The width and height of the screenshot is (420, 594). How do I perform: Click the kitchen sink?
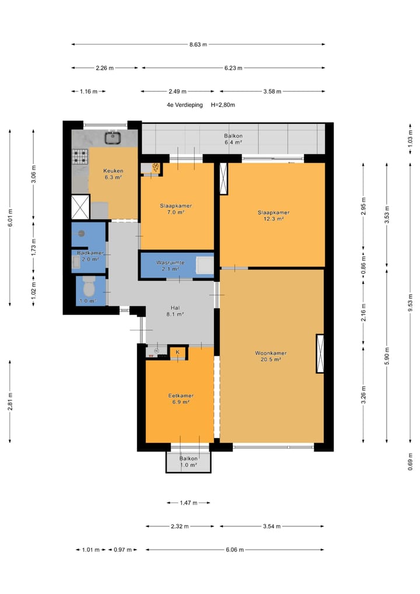[x=113, y=138]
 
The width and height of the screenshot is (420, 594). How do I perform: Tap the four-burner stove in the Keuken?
[x=80, y=156]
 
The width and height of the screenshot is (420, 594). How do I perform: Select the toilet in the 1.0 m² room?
[x=89, y=287]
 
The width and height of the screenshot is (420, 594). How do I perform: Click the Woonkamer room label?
[x=271, y=356]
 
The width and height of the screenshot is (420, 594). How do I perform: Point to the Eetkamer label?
[x=181, y=399]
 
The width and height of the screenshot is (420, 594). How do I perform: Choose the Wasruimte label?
[x=170, y=265]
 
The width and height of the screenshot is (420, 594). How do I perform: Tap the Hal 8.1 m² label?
[x=175, y=311]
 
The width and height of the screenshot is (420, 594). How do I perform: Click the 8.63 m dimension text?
[x=198, y=44]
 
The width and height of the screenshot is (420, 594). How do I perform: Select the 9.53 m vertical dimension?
[x=411, y=302]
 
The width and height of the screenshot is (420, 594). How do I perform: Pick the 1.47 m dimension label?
[x=188, y=503]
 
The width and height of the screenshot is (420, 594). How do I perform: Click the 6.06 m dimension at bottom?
[x=235, y=549]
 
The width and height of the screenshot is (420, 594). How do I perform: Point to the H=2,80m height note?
[x=223, y=105]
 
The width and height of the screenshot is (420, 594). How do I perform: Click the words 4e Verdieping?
[x=185, y=105]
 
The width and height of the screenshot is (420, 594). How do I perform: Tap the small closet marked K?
[x=177, y=352]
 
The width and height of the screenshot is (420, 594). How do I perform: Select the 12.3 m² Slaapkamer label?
[x=274, y=215]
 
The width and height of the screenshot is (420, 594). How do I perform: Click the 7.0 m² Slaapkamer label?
[x=176, y=209]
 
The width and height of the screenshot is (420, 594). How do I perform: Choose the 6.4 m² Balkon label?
[x=233, y=139]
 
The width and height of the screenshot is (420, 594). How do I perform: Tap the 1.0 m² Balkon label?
[x=188, y=462]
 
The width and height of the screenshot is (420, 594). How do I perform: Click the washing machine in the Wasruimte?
[x=205, y=265]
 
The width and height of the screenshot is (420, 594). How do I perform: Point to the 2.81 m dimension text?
[x=10, y=401]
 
